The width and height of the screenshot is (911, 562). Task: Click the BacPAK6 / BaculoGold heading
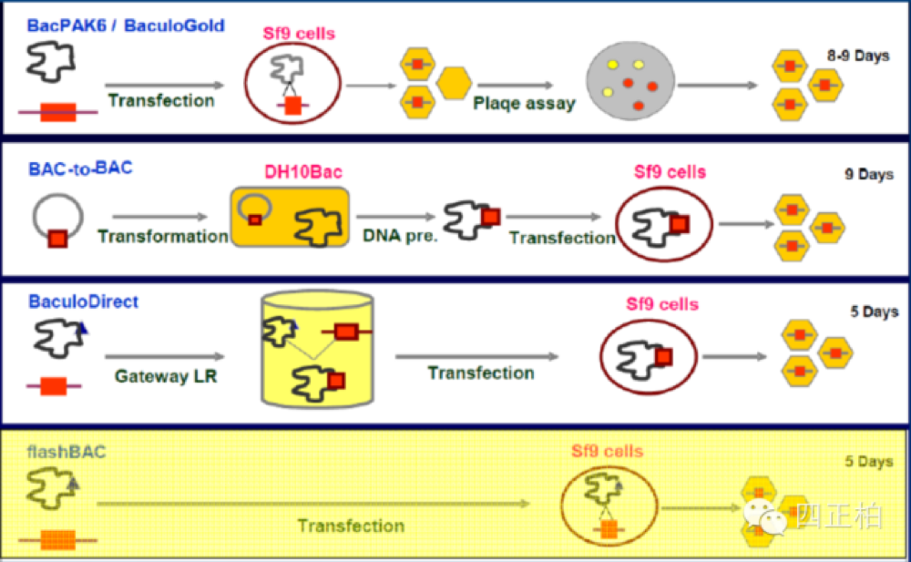click(x=126, y=26)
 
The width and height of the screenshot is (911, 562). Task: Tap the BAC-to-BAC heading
click(x=80, y=169)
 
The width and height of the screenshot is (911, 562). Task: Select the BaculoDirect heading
click(x=83, y=301)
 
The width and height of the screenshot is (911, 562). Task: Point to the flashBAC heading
click(x=67, y=452)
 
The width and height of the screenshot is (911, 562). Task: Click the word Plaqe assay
click(x=524, y=104)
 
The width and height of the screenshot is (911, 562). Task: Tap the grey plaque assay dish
click(x=630, y=81)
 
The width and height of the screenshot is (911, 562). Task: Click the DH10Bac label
click(x=303, y=172)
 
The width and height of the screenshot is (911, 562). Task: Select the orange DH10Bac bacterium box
click(x=290, y=217)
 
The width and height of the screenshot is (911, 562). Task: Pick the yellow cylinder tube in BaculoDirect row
click(x=317, y=349)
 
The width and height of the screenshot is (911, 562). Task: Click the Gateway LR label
click(x=166, y=376)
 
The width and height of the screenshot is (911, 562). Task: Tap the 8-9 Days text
click(x=858, y=56)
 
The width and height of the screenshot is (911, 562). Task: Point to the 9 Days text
click(x=868, y=174)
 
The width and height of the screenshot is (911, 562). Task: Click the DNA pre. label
click(x=400, y=236)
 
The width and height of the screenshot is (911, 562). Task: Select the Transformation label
click(x=163, y=237)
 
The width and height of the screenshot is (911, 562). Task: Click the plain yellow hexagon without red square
click(x=454, y=83)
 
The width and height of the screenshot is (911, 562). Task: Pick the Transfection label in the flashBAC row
click(x=351, y=526)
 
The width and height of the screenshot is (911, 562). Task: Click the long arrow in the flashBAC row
click(x=313, y=504)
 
